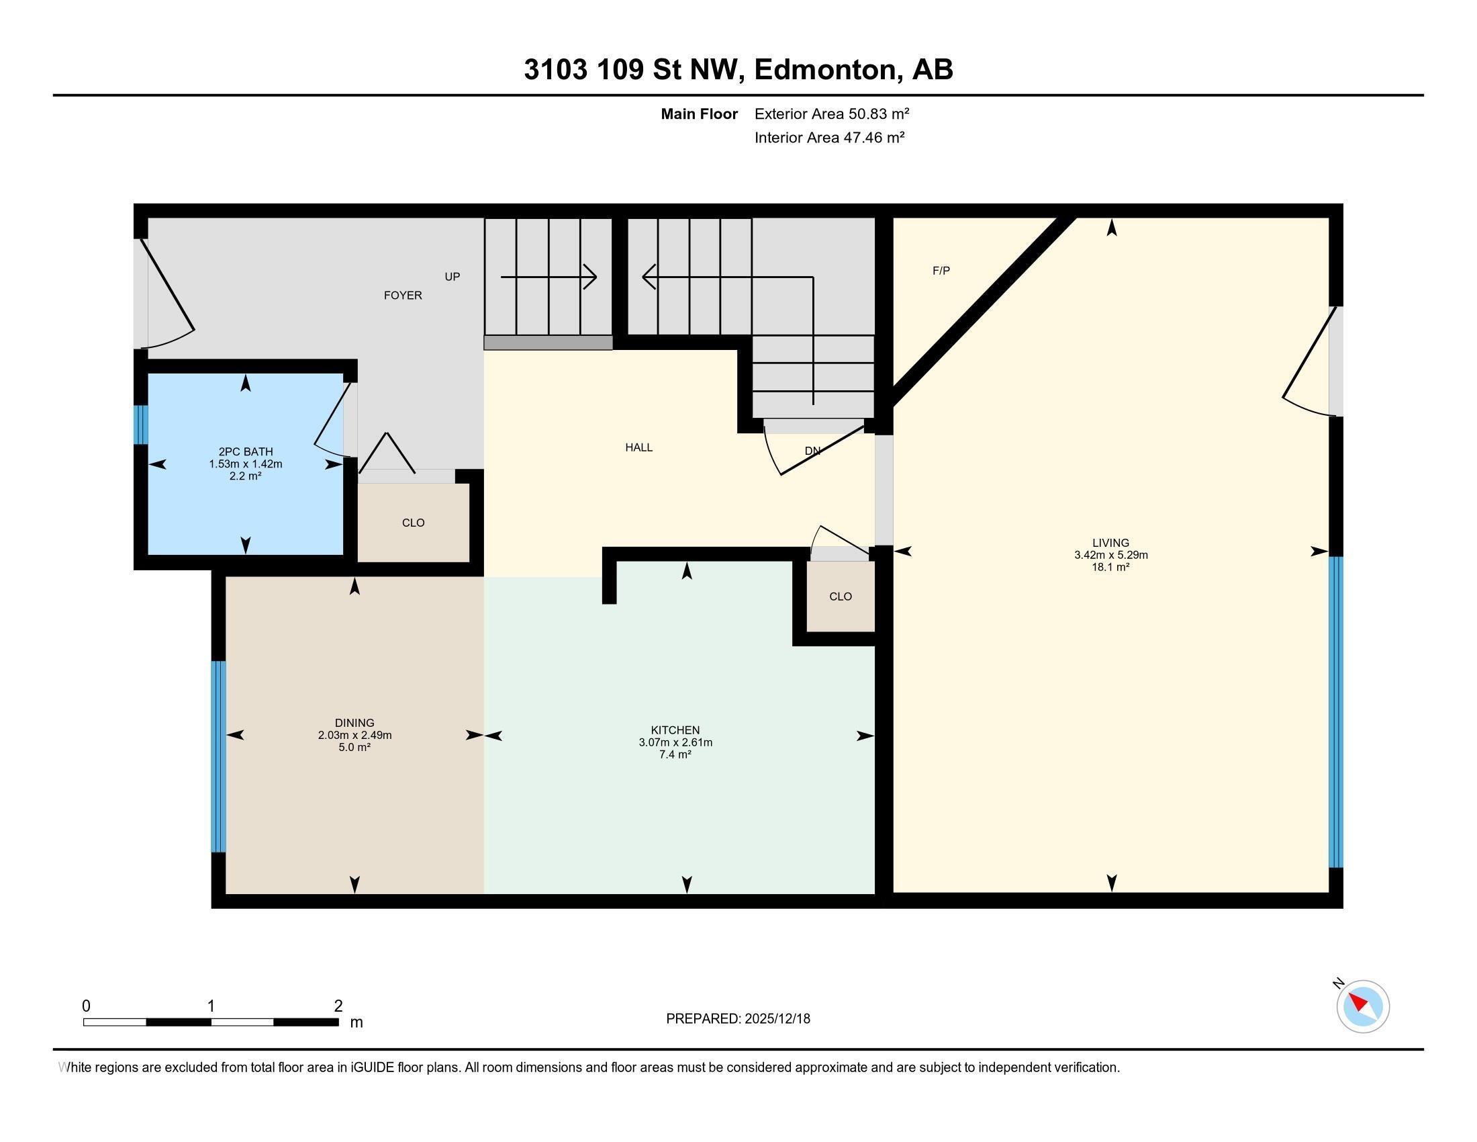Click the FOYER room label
[x=402, y=295]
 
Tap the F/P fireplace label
[x=941, y=271]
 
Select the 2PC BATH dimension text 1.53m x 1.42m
[x=246, y=464]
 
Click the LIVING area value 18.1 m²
[x=1110, y=567]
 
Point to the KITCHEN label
[x=675, y=730]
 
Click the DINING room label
[x=354, y=723]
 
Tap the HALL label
[x=638, y=447]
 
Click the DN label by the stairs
[x=812, y=451]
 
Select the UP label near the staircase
[x=452, y=277]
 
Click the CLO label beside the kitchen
[x=840, y=596]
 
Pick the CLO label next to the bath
[x=412, y=522]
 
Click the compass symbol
[x=1362, y=1006]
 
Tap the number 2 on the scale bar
[x=338, y=1006]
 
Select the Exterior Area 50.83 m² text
[x=831, y=114]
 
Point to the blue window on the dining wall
[x=218, y=756]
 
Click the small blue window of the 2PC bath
[x=140, y=425]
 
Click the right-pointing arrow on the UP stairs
[x=589, y=277]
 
